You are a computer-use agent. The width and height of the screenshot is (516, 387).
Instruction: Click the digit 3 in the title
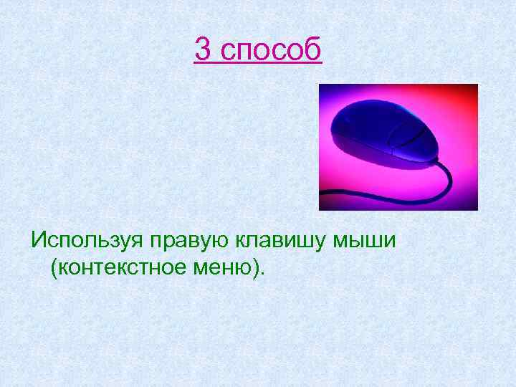tap(204, 49)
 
